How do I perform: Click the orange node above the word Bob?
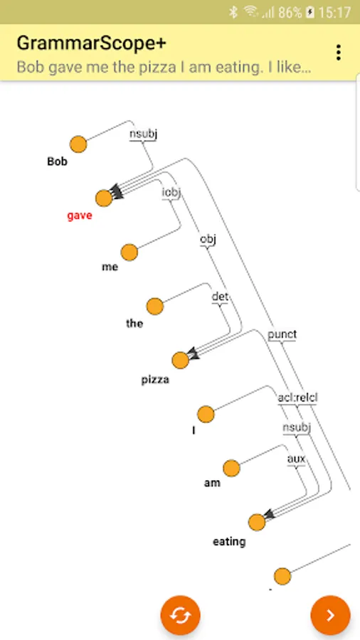(x=78, y=144)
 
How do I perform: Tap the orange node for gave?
(x=104, y=198)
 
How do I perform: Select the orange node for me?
(x=129, y=252)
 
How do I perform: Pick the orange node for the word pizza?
(x=180, y=361)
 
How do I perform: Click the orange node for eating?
(x=257, y=522)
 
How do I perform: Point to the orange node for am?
(x=231, y=468)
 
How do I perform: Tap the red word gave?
(x=80, y=216)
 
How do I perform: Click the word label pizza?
(x=155, y=380)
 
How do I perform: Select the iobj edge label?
(x=171, y=192)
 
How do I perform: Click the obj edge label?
(x=208, y=239)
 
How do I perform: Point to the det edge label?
(x=220, y=297)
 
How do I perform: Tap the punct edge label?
(x=282, y=335)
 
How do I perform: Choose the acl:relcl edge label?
(x=297, y=398)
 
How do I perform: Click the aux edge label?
(x=296, y=459)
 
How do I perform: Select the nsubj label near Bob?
(x=143, y=134)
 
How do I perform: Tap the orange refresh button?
(x=181, y=615)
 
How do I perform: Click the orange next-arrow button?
(x=331, y=615)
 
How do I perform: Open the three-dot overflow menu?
(x=338, y=53)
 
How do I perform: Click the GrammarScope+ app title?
(x=92, y=43)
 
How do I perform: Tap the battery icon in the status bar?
(x=311, y=13)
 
